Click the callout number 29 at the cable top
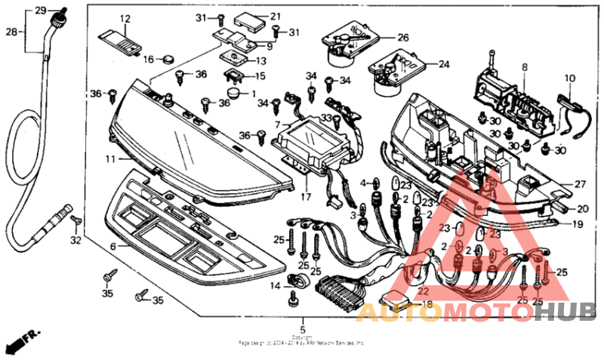click(41, 10)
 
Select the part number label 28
click(11, 32)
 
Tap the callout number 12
click(125, 18)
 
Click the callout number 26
click(402, 37)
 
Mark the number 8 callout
click(524, 68)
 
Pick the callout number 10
click(570, 78)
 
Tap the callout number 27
click(580, 183)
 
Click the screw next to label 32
click(75, 220)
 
